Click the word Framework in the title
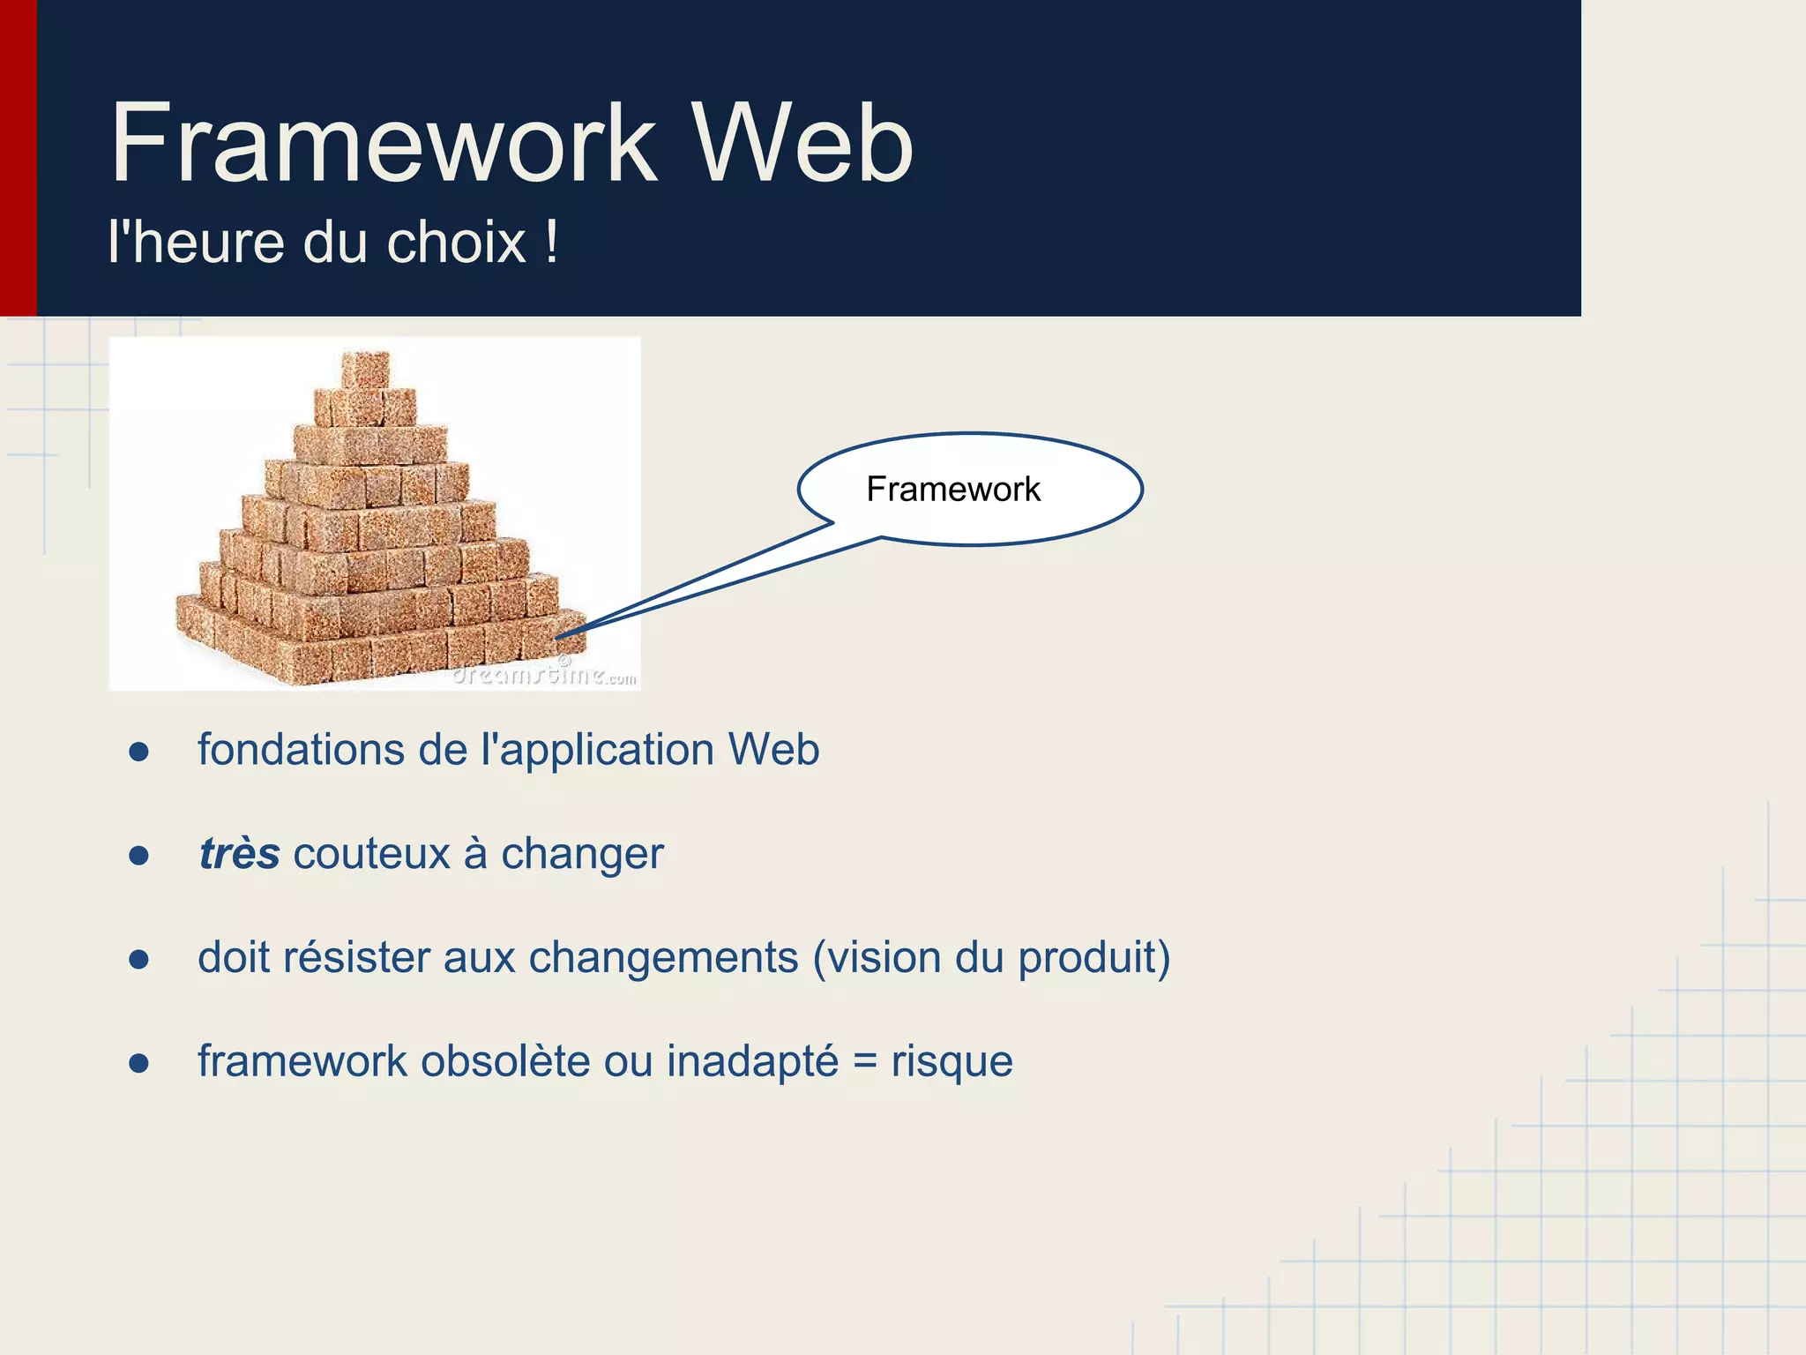coord(384,143)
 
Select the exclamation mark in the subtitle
coord(551,243)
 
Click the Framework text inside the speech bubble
coord(952,489)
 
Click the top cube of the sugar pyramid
coord(365,368)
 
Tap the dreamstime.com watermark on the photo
coord(543,675)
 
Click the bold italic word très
coord(239,854)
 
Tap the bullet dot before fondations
coord(138,752)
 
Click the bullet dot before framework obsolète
coord(138,1064)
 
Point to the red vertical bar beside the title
coord(18,159)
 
